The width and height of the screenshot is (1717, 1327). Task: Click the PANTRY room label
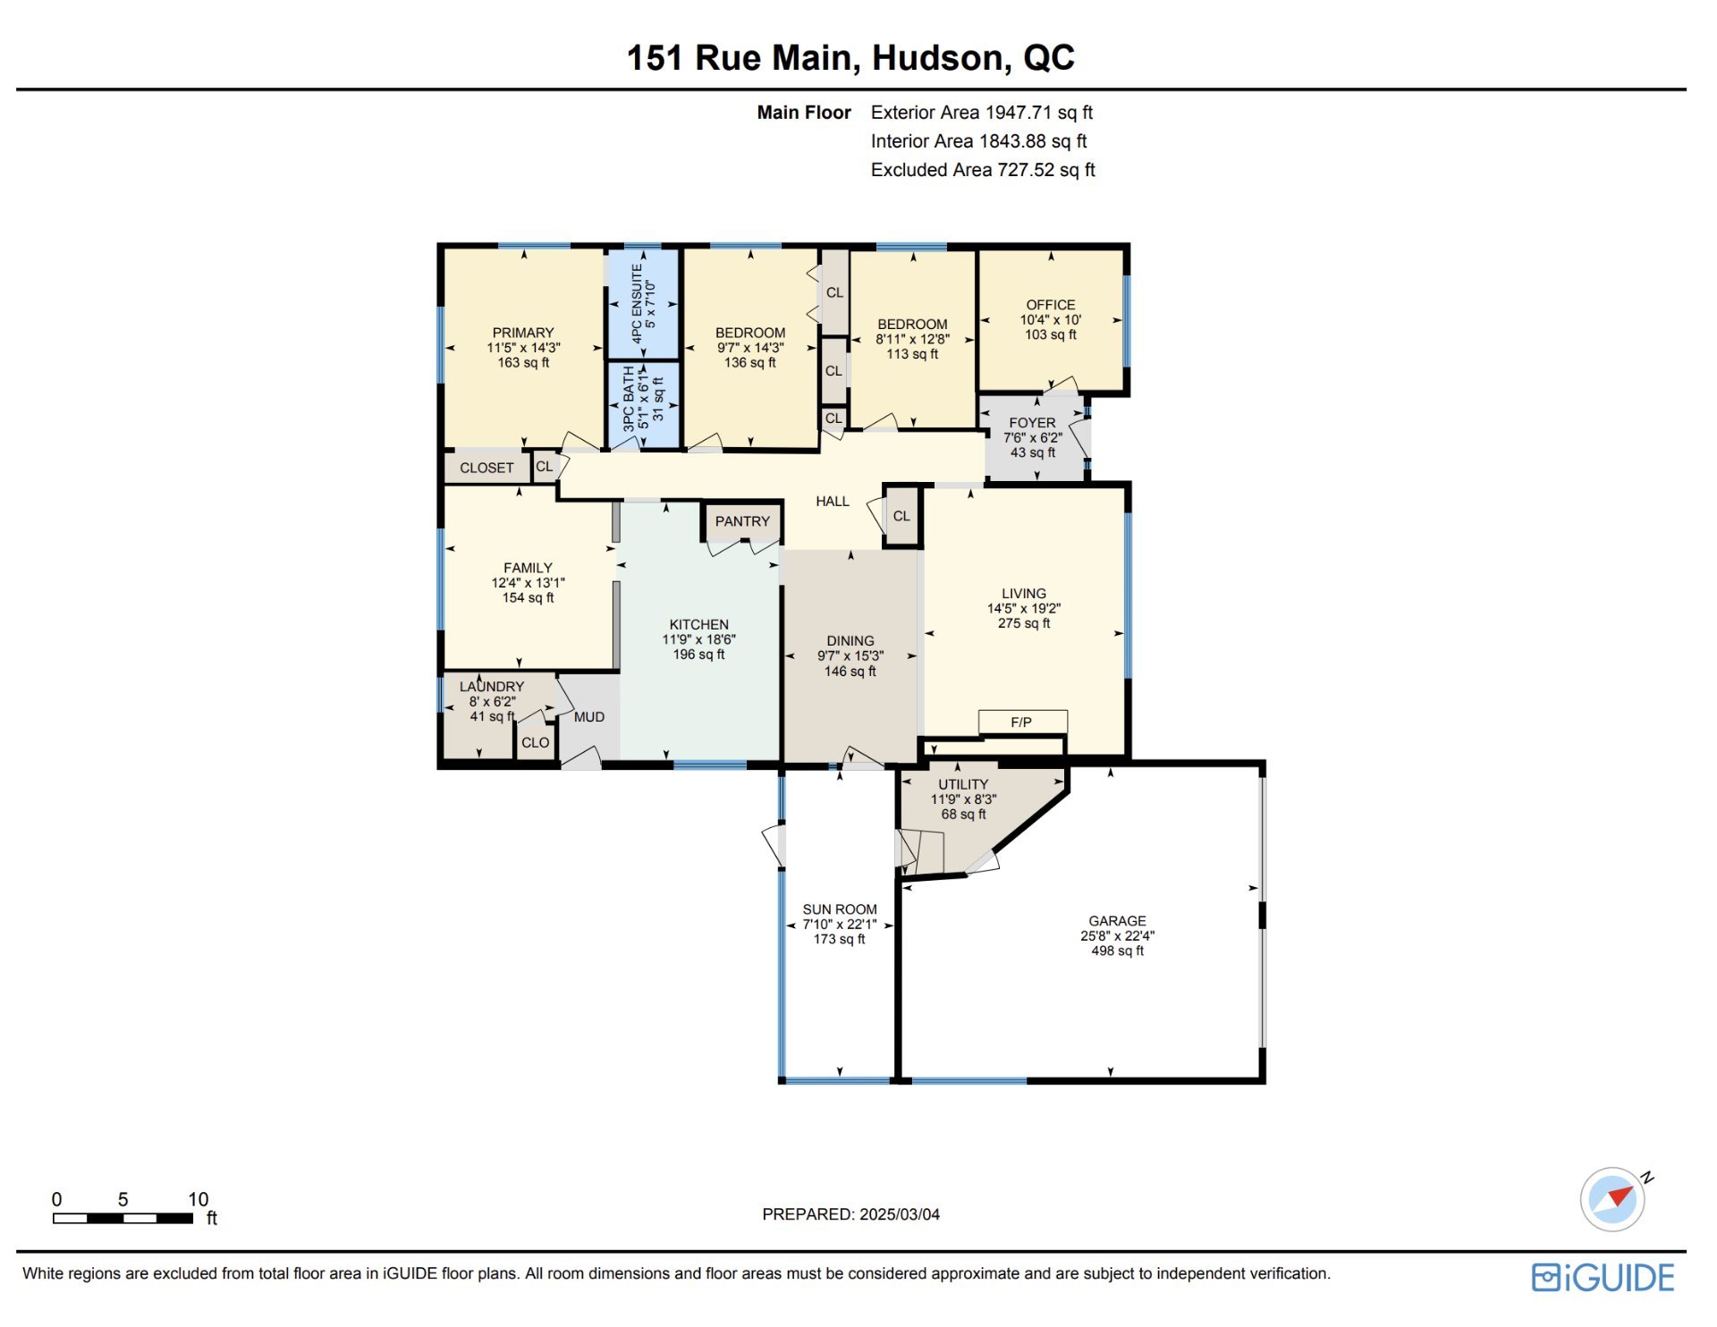(x=742, y=521)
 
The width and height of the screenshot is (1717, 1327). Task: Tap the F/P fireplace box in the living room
(x=1022, y=722)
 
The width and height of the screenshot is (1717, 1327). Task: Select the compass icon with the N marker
(x=1614, y=1199)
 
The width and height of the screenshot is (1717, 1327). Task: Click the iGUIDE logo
(x=1603, y=1278)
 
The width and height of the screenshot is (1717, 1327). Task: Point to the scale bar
(x=123, y=1218)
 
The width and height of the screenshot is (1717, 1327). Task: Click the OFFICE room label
(x=1051, y=305)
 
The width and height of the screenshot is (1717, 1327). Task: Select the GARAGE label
(x=1117, y=921)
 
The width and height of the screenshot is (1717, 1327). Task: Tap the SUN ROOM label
(x=840, y=909)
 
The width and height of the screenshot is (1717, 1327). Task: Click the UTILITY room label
(x=963, y=784)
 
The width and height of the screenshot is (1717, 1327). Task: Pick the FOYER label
(x=1032, y=423)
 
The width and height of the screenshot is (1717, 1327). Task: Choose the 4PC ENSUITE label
(x=637, y=303)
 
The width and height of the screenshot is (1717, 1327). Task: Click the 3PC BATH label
(x=629, y=399)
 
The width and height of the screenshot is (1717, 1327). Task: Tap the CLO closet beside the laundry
(x=536, y=743)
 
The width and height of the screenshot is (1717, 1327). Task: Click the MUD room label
(x=589, y=717)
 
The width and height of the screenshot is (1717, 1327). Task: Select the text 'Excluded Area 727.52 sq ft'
(x=983, y=170)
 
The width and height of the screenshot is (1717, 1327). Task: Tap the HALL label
(x=833, y=502)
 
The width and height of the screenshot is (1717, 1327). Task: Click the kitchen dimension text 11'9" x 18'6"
(x=698, y=639)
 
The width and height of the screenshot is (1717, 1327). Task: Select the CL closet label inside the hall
(x=901, y=516)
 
